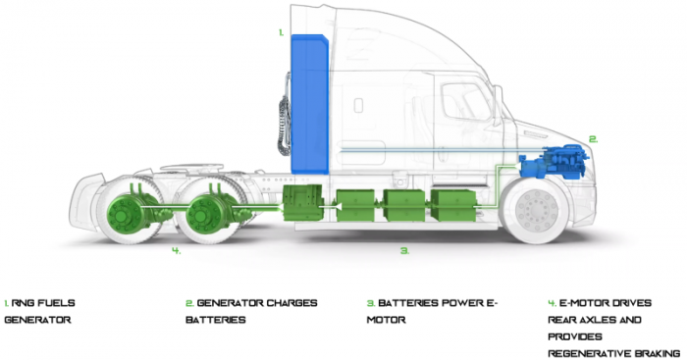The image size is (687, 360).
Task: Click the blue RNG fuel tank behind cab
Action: [309, 98]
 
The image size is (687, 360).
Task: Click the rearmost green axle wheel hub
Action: [129, 209]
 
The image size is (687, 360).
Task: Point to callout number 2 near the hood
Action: [592, 138]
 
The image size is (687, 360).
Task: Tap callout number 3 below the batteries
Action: [404, 251]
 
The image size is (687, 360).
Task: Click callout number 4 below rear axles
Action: [176, 251]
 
